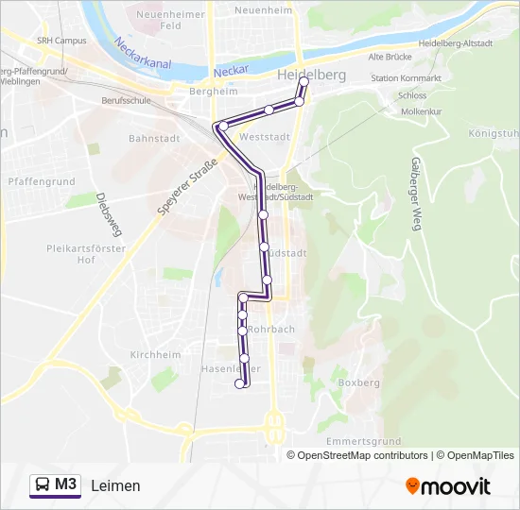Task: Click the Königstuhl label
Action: point(494,133)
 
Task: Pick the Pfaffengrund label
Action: point(41,179)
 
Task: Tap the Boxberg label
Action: point(358,382)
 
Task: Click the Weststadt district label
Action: point(265,137)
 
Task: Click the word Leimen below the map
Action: point(116,485)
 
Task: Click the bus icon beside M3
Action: point(43,485)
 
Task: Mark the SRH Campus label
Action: point(61,41)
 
